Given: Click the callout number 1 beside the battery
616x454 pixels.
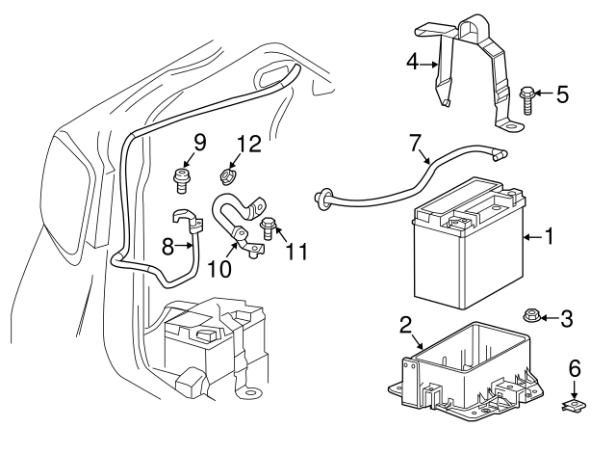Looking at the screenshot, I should click(x=550, y=235).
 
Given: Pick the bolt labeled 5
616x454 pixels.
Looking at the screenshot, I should click(x=527, y=95).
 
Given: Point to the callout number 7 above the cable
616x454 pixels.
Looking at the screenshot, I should click(x=415, y=144).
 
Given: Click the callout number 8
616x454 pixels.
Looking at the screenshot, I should click(x=167, y=248).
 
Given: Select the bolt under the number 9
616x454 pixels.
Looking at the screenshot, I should click(x=180, y=175).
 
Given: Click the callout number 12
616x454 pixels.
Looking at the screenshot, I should click(x=248, y=145).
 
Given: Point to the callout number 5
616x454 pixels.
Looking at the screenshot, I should click(x=562, y=94).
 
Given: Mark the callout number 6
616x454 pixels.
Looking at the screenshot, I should click(x=575, y=367).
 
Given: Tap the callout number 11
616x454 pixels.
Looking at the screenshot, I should click(x=297, y=252).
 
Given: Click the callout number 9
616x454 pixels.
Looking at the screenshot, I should click(x=199, y=143).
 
